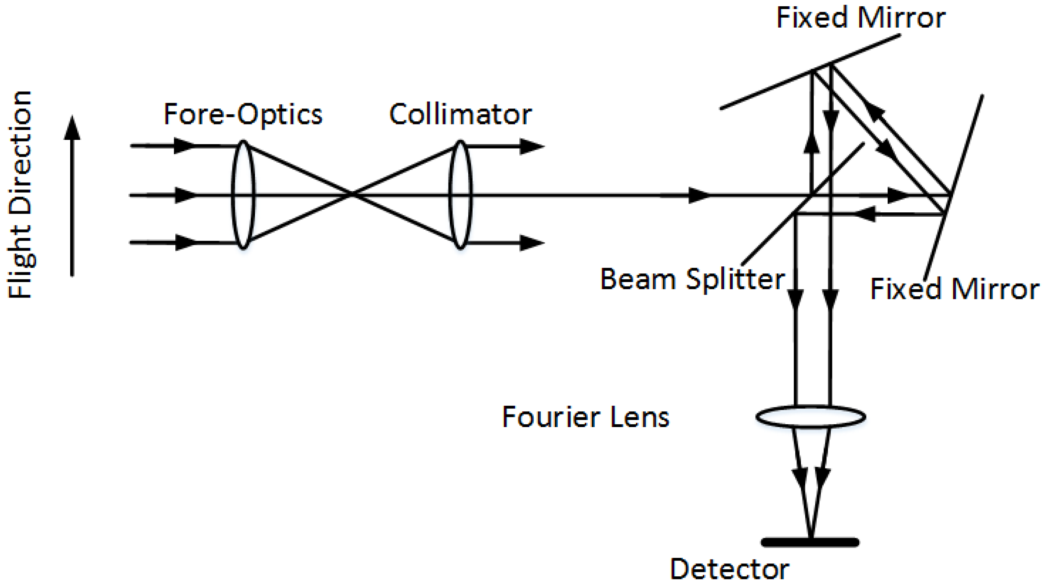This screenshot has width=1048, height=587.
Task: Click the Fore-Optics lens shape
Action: [x=243, y=195]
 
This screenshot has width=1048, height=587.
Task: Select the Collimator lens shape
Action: [x=460, y=195]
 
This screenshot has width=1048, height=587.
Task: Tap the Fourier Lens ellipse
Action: [x=810, y=416]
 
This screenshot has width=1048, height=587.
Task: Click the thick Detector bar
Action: [x=810, y=542]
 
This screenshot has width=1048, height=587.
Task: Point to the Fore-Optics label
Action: [x=243, y=114]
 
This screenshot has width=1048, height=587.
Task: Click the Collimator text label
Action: [x=460, y=114]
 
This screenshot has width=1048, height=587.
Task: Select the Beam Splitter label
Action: [x=692, y=279]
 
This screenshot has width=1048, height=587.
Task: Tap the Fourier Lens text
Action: [x=585, y=417]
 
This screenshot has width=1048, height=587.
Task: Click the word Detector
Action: [x=730, y=569]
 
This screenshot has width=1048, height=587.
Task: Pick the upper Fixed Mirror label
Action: [x=861, y=18]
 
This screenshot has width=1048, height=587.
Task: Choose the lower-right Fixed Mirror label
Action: [x=955, y=289]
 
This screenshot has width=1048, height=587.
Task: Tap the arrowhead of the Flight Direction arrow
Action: [x=72, y=126]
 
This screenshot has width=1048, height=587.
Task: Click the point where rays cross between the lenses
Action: [x=352, y=195]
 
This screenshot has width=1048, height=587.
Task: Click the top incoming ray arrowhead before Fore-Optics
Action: [x=185, y=146]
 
